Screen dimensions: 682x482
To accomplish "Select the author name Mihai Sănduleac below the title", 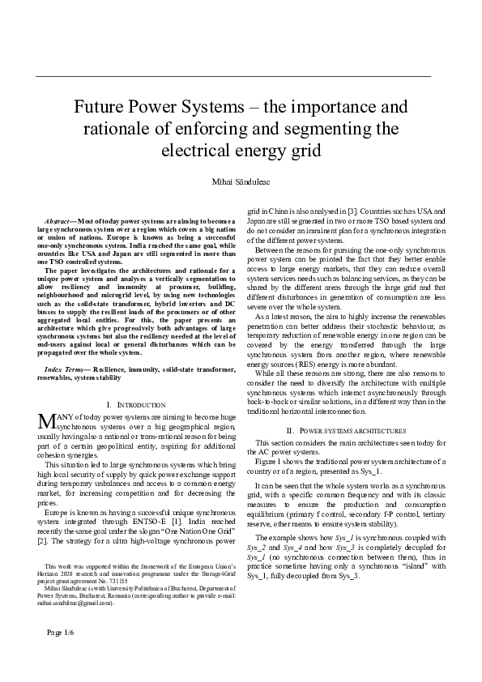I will [x=241, y=179].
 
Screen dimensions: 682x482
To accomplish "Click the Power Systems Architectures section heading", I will [x=348, y=430].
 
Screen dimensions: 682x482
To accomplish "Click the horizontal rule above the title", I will [x=234, y=75].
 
